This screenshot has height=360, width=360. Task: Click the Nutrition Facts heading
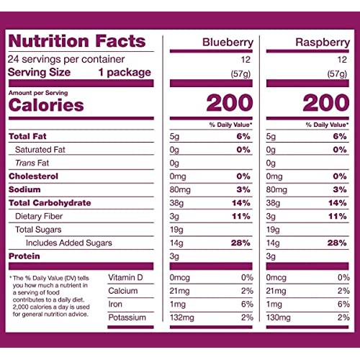click(x=76, y=41)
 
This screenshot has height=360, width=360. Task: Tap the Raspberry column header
click(x=323, y=43)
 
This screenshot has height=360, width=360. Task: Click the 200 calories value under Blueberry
click(x=229, y=103)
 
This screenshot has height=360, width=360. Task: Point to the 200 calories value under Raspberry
click(x=325, y=103)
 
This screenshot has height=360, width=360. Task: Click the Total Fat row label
click(x=27, y=136)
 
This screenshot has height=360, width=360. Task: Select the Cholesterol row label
click(x=34, y=176)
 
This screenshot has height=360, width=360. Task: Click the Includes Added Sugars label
click(x=63, y=243)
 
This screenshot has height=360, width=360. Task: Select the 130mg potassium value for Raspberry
click(x=279, y=318)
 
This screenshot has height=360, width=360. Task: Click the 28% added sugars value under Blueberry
click(x=241, y=243)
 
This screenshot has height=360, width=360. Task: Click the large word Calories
click(x=45, y=105)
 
